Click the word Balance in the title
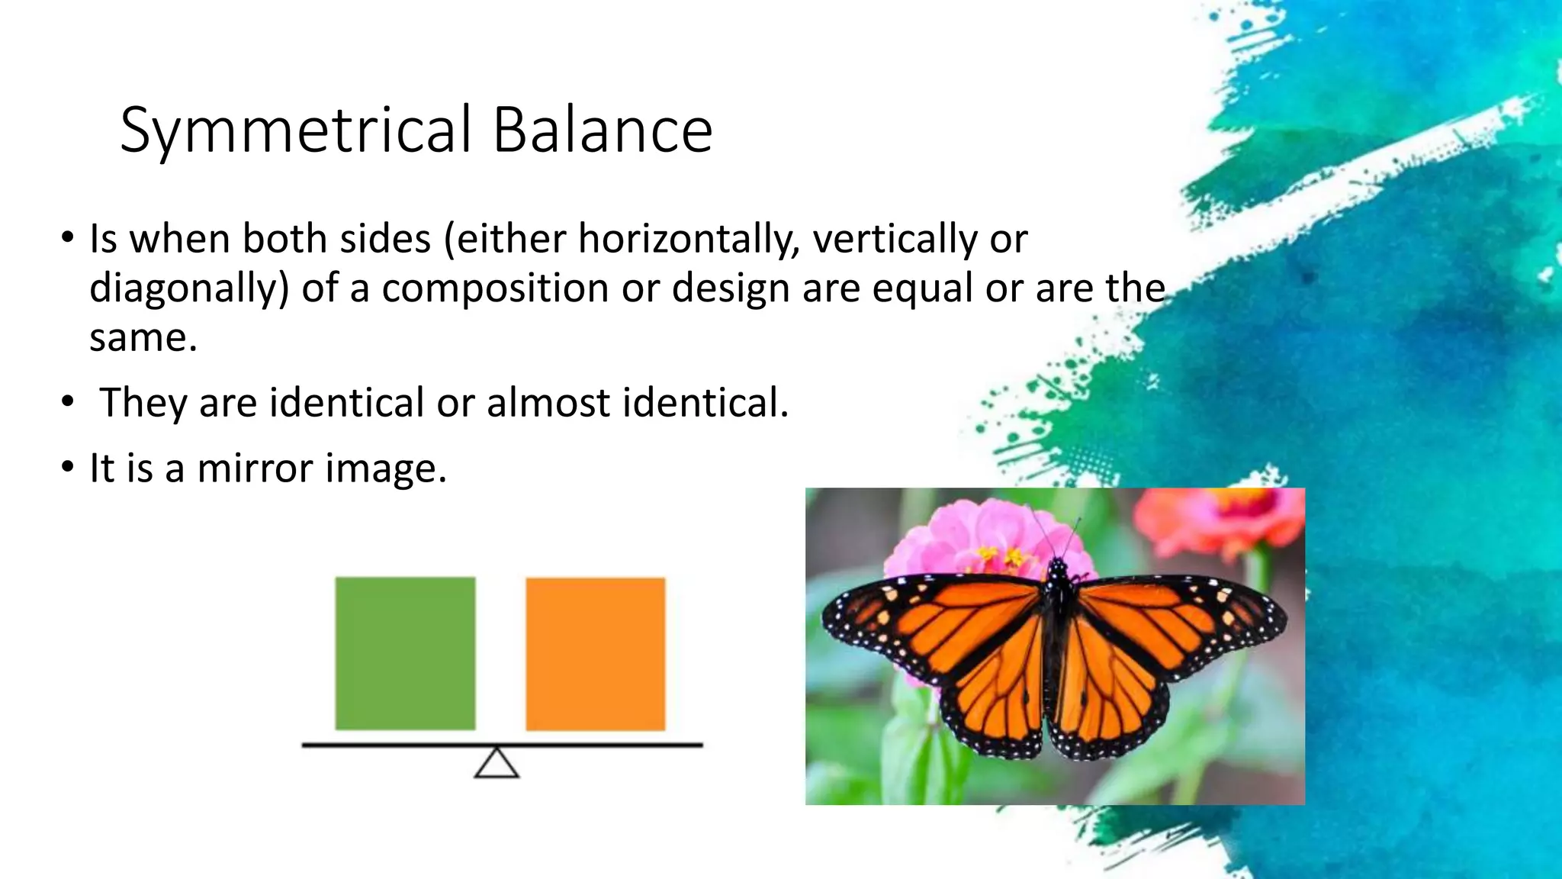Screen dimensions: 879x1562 [603, 130]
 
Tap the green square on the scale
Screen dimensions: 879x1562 [405, 653]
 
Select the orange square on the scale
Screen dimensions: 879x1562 [595, 654]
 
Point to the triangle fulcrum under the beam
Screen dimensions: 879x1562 [497, 764]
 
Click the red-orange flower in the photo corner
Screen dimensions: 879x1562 [1220, 519]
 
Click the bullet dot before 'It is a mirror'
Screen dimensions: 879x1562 [68, 465]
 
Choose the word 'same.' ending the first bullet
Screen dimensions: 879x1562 [143, 338]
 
